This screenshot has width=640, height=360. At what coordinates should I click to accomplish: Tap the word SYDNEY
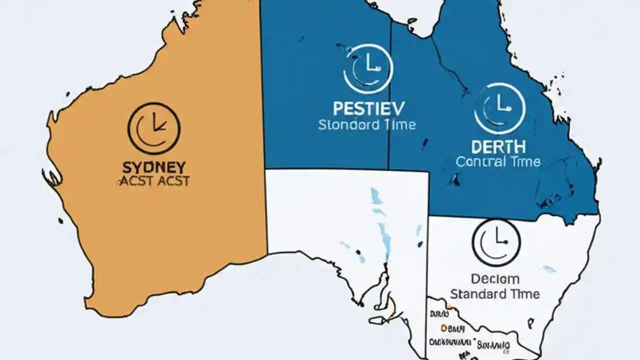pos(154,166)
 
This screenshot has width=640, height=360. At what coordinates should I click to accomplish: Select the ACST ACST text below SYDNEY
pos(154,180)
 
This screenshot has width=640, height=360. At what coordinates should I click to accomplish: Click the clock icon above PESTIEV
pos(368,68)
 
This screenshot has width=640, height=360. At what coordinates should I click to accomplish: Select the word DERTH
pos(498,147)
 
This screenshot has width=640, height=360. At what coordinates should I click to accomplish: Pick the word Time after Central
pos(525,161)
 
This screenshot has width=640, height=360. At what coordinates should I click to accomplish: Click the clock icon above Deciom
pos(496,242)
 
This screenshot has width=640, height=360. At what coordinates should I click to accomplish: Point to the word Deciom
pos(495,278)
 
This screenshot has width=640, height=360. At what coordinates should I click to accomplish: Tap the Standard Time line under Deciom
pos(495,293)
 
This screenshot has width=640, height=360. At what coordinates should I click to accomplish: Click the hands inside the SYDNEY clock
pos(157,123)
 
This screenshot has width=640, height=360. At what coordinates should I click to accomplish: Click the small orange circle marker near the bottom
pos(443,328)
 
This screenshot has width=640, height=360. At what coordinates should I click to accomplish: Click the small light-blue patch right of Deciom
pos(549,269)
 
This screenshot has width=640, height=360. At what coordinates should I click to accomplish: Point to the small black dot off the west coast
pos(60,219)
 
